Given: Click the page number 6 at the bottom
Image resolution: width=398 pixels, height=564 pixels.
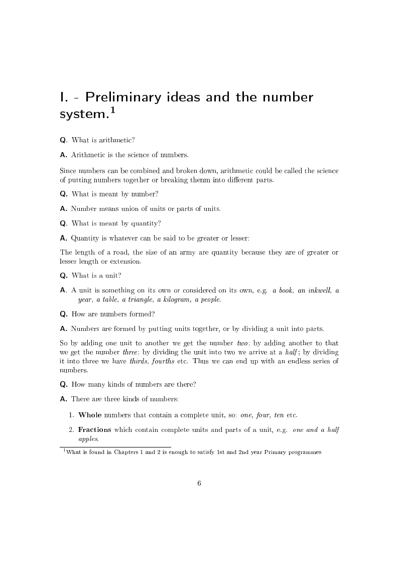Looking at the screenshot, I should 199,483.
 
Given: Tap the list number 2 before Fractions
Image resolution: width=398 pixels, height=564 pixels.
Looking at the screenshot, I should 71,430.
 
